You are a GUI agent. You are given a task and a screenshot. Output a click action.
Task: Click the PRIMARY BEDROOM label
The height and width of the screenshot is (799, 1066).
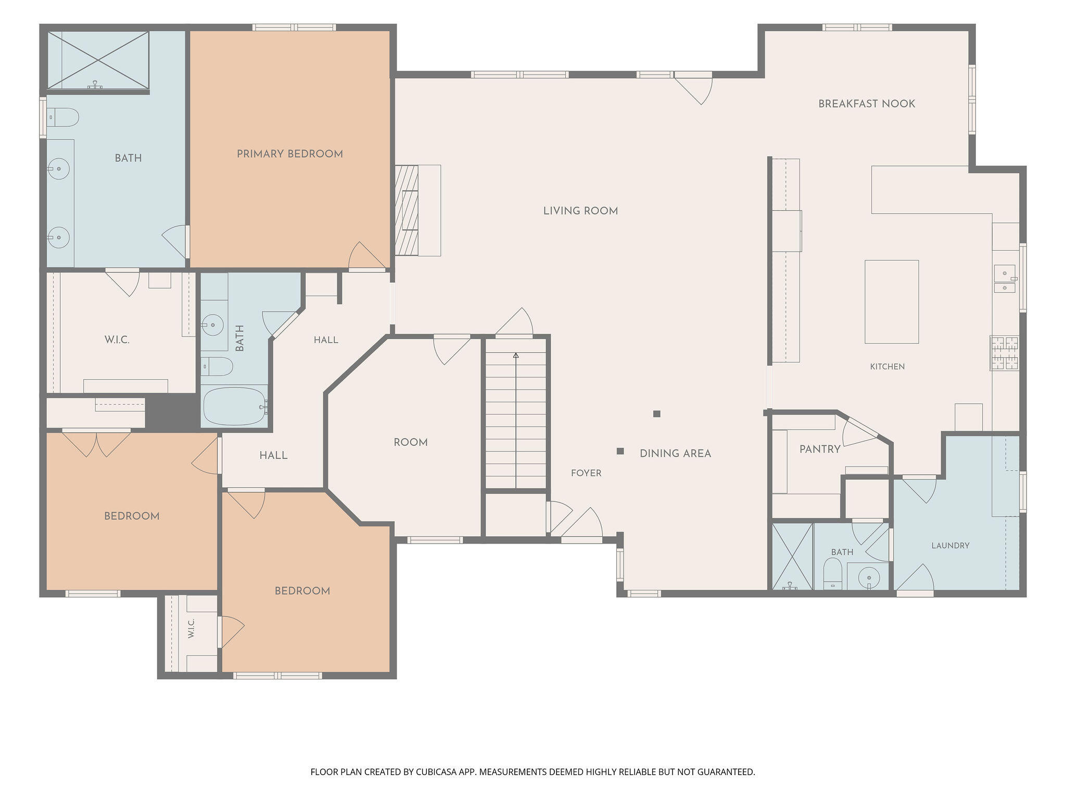pos(290,154)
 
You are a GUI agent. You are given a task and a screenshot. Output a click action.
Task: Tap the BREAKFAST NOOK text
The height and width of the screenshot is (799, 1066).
pos(867,104)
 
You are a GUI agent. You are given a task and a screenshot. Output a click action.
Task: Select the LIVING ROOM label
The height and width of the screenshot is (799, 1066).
pos(580,211)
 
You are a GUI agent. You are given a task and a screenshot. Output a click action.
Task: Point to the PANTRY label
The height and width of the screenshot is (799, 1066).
pos(820,449)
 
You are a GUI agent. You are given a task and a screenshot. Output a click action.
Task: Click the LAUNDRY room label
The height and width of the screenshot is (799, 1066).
pos(950,546)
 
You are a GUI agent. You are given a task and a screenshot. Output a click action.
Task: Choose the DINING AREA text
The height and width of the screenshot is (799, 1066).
pos(675,454)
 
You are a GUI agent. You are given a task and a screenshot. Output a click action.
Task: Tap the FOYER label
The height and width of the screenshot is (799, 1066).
pos(586,473)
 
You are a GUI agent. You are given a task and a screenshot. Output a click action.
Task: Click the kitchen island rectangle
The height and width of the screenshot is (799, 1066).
pos(892,302)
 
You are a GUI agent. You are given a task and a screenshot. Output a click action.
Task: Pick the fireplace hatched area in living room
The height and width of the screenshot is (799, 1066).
pos(407,210)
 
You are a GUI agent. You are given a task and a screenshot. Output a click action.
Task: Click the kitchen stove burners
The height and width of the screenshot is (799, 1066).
pos(1004,353)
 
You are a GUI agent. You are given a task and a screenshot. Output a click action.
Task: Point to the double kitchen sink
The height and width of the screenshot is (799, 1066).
pos(1005,279)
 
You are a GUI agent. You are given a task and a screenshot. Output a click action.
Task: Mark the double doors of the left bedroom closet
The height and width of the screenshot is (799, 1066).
pos(96,444)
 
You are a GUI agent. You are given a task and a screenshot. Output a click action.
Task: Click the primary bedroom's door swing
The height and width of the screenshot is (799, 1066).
pos(367,256)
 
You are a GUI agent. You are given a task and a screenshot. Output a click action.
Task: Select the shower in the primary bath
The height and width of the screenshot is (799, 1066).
pos(98,60)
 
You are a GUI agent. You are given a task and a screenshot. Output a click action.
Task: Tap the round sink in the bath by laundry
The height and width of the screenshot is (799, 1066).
pos(869,576)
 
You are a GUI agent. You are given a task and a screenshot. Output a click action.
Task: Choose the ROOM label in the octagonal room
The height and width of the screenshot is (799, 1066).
pos(411,443)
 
